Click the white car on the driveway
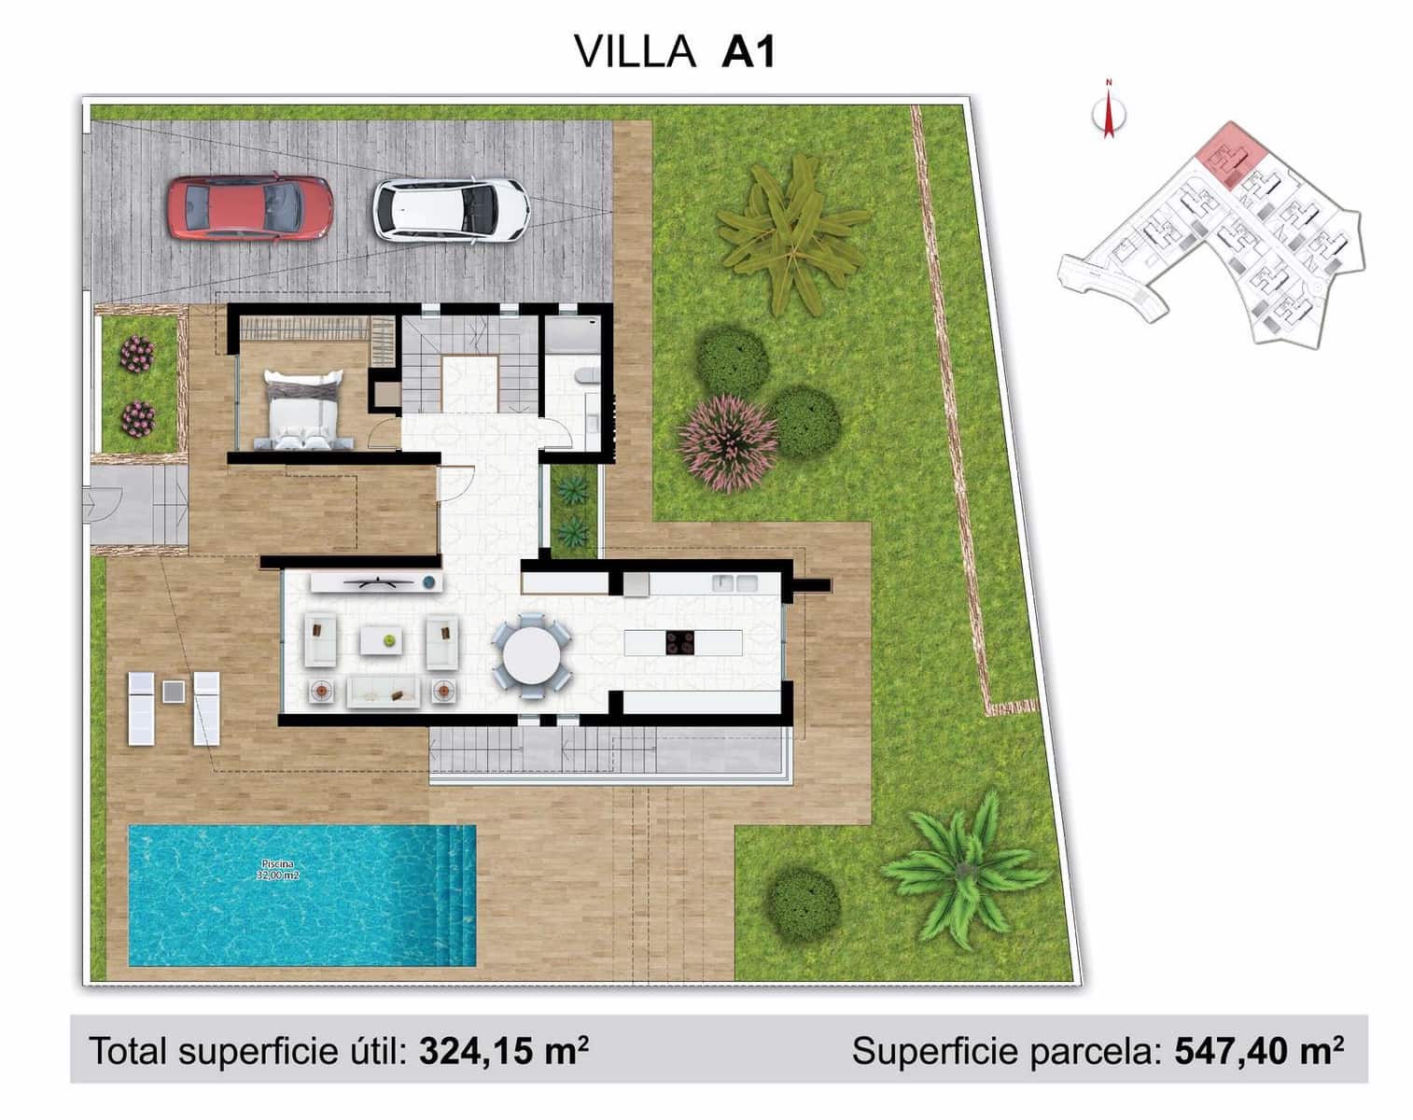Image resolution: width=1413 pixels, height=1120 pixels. tap(451, 209)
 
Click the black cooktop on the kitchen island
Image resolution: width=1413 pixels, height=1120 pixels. tap(679, 642)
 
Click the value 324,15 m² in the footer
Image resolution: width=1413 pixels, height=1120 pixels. tap(504, 1051)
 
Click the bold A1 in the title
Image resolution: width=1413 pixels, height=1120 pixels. tap(748, 52)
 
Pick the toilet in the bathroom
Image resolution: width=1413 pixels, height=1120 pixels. tap(585, 376)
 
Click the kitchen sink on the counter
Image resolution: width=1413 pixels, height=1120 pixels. tap(734, 583)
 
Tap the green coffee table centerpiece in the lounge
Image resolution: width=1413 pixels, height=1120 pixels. tap(389, 640)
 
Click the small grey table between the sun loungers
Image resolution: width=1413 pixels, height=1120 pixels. tap(174, 692)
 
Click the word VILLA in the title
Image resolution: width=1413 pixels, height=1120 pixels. tap(636, 52)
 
